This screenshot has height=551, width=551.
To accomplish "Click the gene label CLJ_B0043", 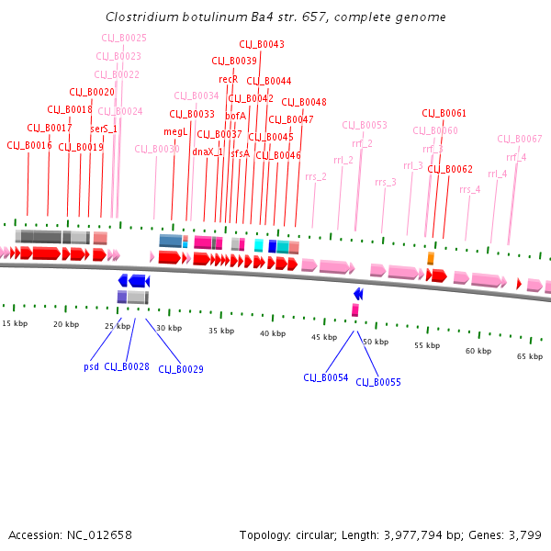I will pos(262,44).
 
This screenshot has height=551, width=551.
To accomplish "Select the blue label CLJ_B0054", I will pos(326,377).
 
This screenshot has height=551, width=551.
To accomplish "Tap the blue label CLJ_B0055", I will pos(378,382).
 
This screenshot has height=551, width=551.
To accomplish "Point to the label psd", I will pos(91,366).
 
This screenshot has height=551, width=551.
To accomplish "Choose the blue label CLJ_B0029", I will pos(181,369).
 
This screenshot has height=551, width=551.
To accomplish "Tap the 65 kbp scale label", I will pos(529,356).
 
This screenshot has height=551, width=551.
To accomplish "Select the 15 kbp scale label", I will pos(15,323).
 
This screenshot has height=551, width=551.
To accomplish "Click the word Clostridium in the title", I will pos(142,17).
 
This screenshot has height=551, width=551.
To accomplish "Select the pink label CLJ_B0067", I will pos(520,139).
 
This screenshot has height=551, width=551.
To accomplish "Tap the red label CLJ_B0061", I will pos(444,113).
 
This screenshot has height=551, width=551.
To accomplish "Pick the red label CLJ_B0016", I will pos(29,145).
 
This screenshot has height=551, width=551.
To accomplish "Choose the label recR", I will pos(229,80).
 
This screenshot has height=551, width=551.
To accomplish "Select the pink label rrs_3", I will pos(386,182).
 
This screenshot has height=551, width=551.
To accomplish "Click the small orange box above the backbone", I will pos(430,258).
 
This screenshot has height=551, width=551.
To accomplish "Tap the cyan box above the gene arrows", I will pos(259,245).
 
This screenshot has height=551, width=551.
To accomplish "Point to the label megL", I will pos(175,131).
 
